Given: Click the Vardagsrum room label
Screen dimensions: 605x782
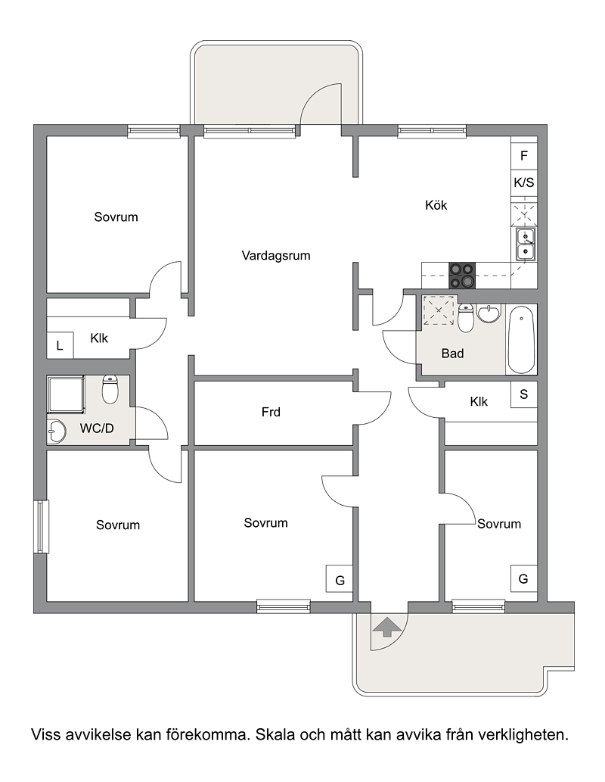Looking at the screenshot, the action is tap(275, 255).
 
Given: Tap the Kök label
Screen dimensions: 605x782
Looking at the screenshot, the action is tap(436, 205).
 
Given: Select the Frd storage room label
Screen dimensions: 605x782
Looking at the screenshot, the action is tap(271, 412).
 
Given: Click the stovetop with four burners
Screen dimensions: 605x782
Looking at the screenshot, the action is tap(461, 276).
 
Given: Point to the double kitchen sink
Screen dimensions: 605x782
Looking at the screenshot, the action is tap(526, 244).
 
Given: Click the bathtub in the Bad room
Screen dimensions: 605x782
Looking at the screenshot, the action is tap(521, 340).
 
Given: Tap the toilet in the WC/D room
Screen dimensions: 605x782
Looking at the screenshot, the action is tap(110, 389).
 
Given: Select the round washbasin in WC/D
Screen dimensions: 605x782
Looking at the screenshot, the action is tap(56, 432).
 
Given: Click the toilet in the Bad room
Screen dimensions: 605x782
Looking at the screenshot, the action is tap(465, 318).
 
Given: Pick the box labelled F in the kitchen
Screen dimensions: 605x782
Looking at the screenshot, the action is tap(524, 156).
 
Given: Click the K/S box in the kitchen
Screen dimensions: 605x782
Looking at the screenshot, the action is tap(524, 182).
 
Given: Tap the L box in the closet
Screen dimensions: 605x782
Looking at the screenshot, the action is tap(60, 345).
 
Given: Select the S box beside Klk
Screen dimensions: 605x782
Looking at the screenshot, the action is tap(524, 394).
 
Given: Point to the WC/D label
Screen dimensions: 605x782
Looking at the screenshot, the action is tap(97, 428).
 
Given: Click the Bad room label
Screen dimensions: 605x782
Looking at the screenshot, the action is tap(452, 354).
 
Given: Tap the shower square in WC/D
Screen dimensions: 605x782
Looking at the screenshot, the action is tap(67, 394).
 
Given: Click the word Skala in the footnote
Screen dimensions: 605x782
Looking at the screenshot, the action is tap(272, 734).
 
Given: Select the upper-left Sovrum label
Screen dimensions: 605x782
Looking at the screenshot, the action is tap(116, 217).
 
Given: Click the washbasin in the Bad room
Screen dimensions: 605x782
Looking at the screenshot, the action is tap(489, 313).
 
